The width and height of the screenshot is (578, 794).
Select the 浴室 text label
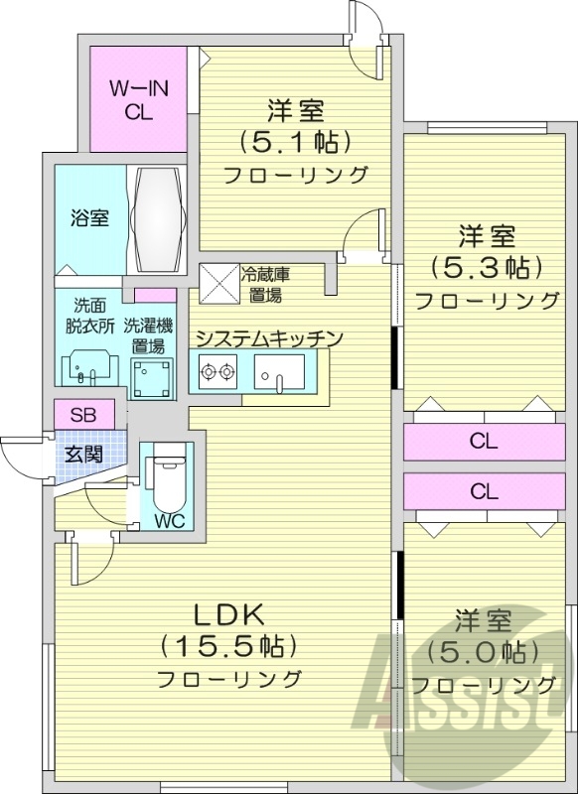[89, 218]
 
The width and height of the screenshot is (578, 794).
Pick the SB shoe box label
[83, 415]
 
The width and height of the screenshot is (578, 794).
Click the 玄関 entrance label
[84, 456]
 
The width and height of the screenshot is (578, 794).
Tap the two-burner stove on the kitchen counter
[217, 374]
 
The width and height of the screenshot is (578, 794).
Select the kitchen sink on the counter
[278, 374]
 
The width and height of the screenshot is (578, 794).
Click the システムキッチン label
[268, 338]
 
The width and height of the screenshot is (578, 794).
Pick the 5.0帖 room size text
[484, 652]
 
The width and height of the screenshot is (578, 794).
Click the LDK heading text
[229, 613]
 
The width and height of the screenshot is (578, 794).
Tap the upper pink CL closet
[484, 442]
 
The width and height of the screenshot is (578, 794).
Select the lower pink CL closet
[484, 490]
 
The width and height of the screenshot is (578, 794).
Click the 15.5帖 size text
[229, 646]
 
